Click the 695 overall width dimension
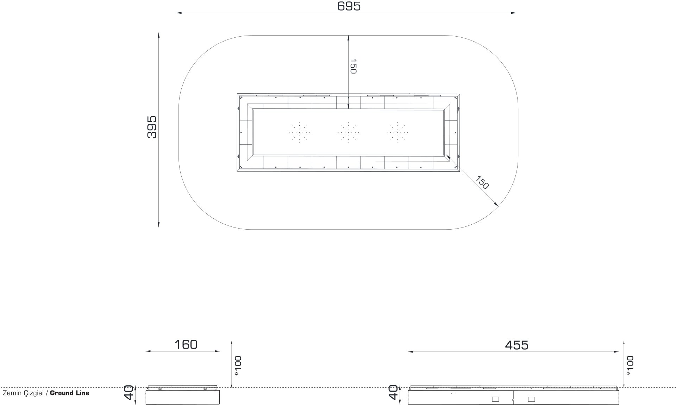coord(349,6)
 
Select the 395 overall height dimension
coord(152,127)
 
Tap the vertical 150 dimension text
coord(353,67)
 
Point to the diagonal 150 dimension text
coord(482,183)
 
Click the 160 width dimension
coord(186,344)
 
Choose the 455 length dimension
coord(517,345)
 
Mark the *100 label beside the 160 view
coord(238,366)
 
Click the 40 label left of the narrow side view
coord(129,393)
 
